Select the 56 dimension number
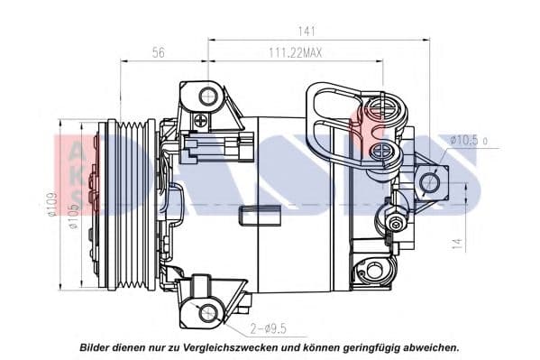pos(158,53)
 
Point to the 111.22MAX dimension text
pos(296,53)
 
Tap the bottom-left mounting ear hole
pos(208,313)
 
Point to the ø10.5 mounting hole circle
pos(430,182)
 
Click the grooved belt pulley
pos(130,204)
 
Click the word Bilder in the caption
pos(97,346)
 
